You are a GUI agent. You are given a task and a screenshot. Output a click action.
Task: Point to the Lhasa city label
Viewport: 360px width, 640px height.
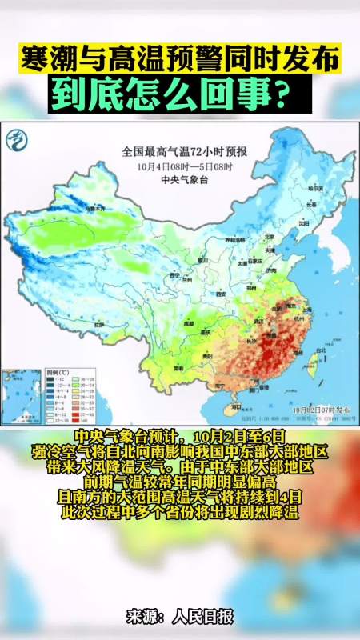point(99,326)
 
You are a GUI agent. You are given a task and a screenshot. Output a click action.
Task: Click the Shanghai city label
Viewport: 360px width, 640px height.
point(306,307)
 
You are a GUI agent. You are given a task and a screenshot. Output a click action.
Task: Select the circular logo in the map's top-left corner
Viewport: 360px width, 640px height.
point(18,142)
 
